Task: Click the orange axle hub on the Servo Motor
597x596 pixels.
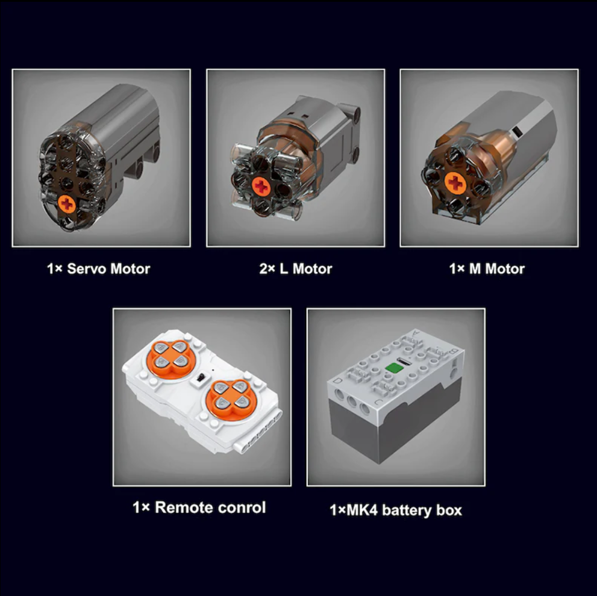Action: (x=67, y=204)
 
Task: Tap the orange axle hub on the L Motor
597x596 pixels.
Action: (x=261, y=187)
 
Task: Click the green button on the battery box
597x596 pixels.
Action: (x=393, y=368)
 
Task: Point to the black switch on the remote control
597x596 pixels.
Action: (x=201, y=378)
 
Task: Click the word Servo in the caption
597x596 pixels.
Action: (x=86, y=269)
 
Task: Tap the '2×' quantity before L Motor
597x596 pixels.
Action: (x=267, y=269)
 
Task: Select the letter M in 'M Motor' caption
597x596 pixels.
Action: (x=475, y=269)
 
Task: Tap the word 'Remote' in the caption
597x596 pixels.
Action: (x=178, y=508)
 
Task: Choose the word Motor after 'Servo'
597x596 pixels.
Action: (x=130, y=269)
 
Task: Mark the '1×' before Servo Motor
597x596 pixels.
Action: (x=54, y=269)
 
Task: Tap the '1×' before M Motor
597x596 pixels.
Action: (x=457, y=269)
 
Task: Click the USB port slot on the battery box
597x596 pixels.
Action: (x=402, y=359)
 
